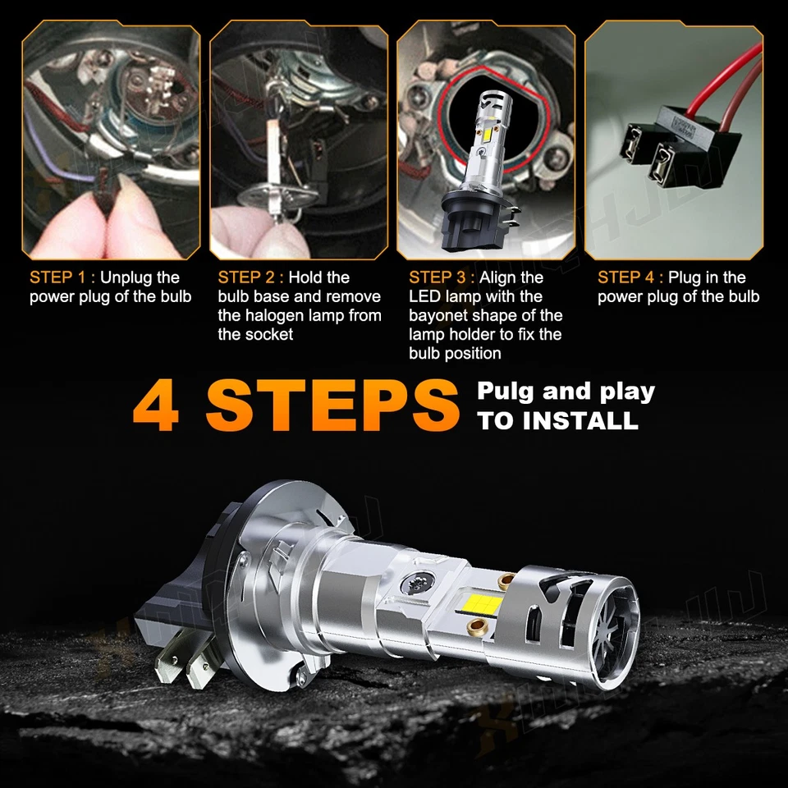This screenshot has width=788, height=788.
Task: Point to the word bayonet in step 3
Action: pos(440,315)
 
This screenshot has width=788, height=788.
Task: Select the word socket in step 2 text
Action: pos(268,334)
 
